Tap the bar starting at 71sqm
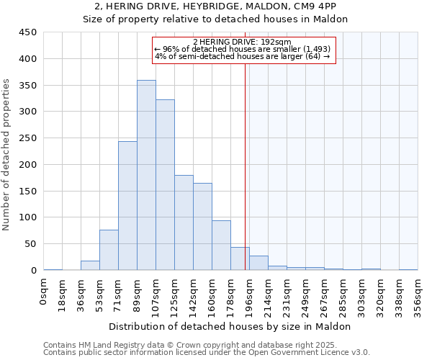(127, 206)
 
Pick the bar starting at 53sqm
(109, 250)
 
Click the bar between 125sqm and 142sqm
(184, 222)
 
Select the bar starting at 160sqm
(221, 246)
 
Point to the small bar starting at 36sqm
(90, 266)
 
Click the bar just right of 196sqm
(258, 264)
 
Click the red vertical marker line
(245, 166)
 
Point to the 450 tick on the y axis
(29, 32)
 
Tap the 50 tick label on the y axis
(31, 244)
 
